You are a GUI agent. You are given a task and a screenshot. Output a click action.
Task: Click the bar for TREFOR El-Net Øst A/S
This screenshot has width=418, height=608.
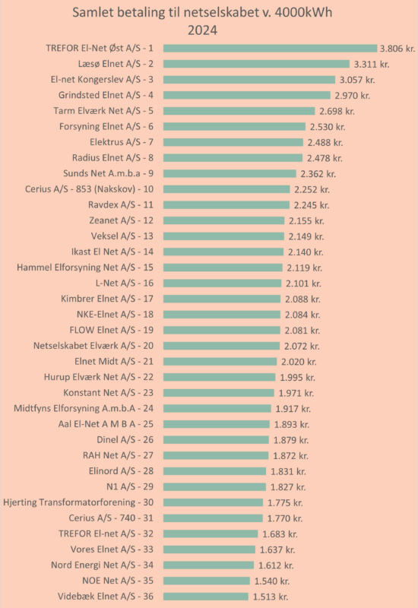pyautogui.click(x=270, y=48)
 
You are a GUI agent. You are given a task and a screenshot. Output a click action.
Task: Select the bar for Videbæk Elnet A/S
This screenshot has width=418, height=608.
pyautogui.click(x=206, y=597)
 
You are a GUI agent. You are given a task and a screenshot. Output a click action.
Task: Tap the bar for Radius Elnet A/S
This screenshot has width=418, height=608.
pyautogui.click(x=233, y=158)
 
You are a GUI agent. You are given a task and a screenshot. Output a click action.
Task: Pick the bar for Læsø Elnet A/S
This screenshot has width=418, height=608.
pyautogui.click(x=256, y=64)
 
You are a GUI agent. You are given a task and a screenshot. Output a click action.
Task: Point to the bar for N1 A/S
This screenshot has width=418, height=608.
pyautogui.click(x=214, y=486)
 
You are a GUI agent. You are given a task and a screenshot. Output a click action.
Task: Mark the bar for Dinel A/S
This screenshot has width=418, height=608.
pyautogui.click(x=216, y=440)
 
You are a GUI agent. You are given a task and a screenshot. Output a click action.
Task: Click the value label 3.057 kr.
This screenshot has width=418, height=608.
pyautogui.click(x=357, y=80)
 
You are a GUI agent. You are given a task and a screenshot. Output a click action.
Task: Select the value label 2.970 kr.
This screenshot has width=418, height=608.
pyautogui.click(x=353, y=96)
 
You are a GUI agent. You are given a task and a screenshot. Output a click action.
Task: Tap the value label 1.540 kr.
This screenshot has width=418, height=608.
pyautogui.click(x=272, y=581)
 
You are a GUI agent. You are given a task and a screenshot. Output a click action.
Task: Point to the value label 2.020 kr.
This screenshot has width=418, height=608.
pyautogui.click(x=299, y=362)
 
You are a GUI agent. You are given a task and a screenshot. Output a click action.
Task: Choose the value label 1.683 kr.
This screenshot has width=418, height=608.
pyautogui.click(x=280, y=534)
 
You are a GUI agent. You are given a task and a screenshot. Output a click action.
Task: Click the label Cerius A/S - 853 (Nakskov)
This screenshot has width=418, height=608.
pyautogui.click(x=81, y=189)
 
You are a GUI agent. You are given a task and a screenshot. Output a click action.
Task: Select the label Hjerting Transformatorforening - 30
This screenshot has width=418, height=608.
pyautogui.click(x=78, y=502)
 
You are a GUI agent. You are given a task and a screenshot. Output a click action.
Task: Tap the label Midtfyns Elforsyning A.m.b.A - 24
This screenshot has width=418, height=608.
pyautogui.click(x=84, y=408)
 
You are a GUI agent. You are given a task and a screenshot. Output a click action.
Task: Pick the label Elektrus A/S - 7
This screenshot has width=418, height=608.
pyautogui.click(x=122, y=142)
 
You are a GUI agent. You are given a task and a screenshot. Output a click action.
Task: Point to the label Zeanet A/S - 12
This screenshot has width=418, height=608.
pyautogui.click(x=122, y=220)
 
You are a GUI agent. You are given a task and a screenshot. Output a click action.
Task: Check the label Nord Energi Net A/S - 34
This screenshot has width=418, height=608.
pyautogui.click(x=103, y=565)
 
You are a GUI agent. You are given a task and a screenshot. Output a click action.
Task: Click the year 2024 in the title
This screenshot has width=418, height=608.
pyautogui.click(x=202, y=30)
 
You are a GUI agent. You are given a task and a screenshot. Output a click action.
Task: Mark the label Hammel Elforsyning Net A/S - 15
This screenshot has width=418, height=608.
pyautogui.click(x=85, y=268)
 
